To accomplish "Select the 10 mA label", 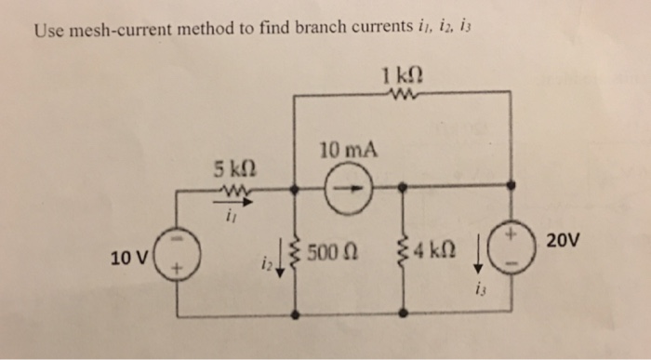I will tap(346, 150).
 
